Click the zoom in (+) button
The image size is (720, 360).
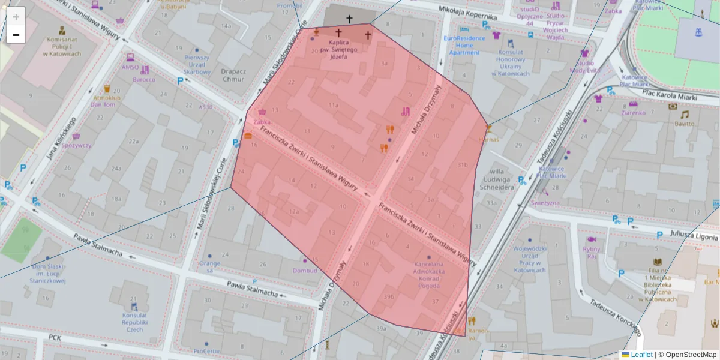(x=16, y=17)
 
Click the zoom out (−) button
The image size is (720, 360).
(x=16, y=35)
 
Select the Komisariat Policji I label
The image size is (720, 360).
(x=62, y=46)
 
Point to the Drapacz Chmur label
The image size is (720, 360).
(x=233, y=75)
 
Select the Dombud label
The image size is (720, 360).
(x=305, y=271)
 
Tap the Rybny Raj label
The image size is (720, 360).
(x=591, y=253)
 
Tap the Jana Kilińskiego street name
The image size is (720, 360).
(x=61, y=139)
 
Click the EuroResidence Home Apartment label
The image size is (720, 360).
(x=461, y=45)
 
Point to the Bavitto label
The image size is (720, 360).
(x=683, y=124)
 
